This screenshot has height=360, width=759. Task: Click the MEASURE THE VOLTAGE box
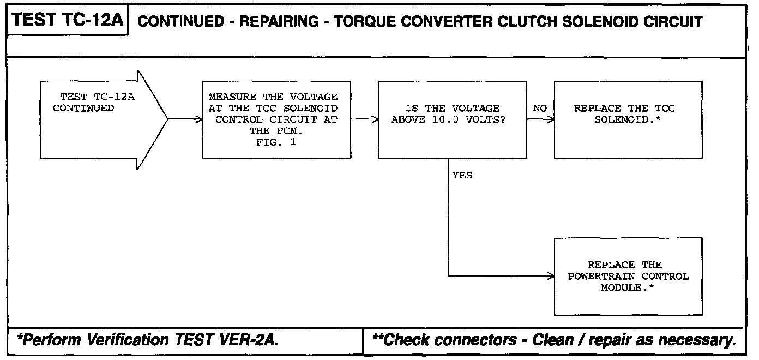[276, 120]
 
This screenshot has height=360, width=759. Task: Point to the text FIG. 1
[273, 142]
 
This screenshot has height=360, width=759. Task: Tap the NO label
[539, 109]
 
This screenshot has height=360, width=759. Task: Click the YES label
[462, 176]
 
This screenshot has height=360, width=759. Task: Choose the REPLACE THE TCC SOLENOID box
[628, 120]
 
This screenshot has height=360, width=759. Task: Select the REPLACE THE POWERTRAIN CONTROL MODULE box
[628, 276]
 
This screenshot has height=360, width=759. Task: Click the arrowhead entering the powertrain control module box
[551, 276]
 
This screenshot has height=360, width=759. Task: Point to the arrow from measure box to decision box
[365, 119]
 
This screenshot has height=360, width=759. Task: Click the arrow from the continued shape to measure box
[185, 119]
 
